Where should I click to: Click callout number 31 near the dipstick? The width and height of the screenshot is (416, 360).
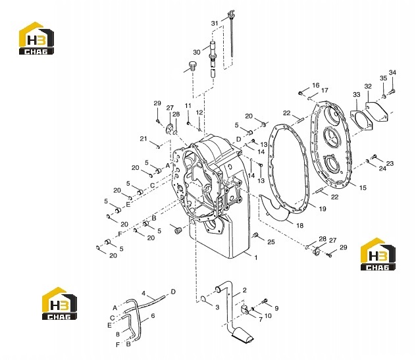coord(215,23)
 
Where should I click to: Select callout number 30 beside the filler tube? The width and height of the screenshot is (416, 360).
coord(197,52)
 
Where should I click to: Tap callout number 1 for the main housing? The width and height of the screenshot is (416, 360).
coord(256,257)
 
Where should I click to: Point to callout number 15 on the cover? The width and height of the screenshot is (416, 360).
coord(363,188)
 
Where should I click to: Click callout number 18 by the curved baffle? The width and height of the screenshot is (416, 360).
coord(299,226)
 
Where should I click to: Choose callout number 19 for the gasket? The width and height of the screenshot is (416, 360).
coord(323,209)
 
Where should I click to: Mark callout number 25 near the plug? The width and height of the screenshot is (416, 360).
coord(271,242)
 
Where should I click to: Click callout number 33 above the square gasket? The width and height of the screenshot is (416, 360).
coord(357,95)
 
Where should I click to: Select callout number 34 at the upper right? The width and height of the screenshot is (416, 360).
coord(392,72)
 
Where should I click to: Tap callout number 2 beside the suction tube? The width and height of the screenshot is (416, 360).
coord(244,290)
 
